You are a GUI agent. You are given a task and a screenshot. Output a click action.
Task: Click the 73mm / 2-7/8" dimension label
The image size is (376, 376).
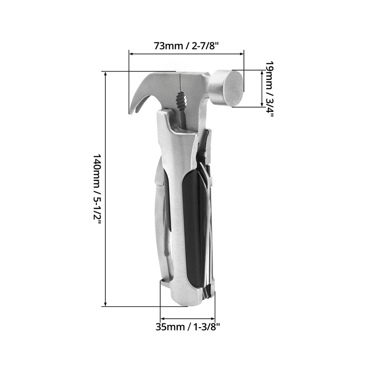tap(187, 46)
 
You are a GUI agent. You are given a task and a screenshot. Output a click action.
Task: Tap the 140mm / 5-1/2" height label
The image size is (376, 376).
tap(97, 188)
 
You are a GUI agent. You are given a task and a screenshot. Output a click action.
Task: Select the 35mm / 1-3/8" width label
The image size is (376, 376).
tap(188, 327)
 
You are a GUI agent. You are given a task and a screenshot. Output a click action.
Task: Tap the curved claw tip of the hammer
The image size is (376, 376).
tap(132, 111)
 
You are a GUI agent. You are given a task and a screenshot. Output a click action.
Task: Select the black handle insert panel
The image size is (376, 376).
tap(191, 226)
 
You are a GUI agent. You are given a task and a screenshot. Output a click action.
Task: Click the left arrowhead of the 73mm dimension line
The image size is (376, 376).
tap(132, 54)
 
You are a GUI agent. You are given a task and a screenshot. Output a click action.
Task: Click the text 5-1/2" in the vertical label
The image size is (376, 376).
tap(97, 206)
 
